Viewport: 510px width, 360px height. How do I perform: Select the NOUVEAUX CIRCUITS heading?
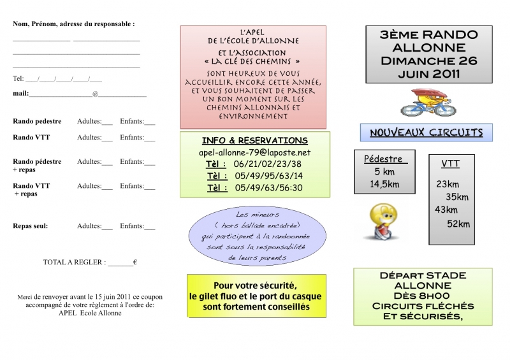point(426,133)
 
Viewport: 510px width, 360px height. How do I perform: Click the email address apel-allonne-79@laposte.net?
point(255,153)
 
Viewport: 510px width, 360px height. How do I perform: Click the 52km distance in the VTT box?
point(458,223)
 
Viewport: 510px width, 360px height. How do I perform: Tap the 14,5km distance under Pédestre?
point(384,184)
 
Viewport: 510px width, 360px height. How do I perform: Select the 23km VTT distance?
point(448,184)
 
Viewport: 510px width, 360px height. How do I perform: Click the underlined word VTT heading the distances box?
point(450,164)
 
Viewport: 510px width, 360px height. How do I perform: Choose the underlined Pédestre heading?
point(382,159)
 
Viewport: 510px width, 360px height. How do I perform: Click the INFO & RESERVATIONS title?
point(254,140)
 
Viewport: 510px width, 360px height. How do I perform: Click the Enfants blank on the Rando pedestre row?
point(150,122)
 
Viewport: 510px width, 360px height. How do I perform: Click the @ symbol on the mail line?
point(95,94)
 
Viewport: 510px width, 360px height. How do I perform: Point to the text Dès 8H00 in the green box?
point(422,295)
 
